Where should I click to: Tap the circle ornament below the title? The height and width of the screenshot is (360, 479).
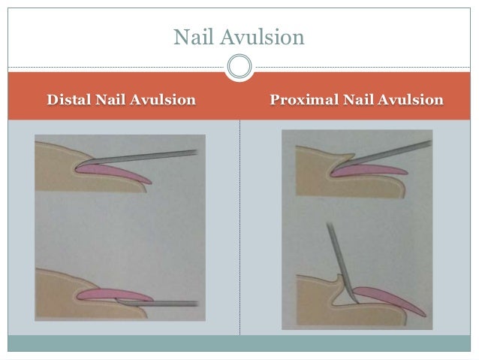click(x=239, y=68)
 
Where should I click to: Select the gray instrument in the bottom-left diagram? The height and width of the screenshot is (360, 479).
click(x=161, y=303)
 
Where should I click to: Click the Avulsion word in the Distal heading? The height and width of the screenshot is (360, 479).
click(x=166, y=99)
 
